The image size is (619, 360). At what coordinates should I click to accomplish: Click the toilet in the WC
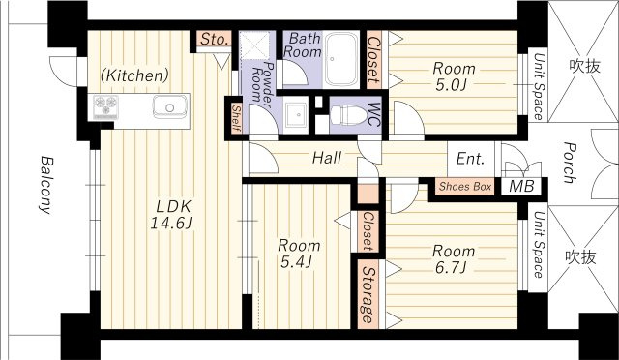[x=348, y=115]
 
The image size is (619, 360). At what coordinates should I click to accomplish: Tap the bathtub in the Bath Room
[x=341, y=59]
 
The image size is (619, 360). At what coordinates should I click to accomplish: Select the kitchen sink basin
[x=170, y=106]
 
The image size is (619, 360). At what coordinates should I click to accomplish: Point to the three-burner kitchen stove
[x=105, y=105]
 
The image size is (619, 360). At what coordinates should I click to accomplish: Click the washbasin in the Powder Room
[x=296, y=115]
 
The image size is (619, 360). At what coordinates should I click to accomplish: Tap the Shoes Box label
[x=465, y=187]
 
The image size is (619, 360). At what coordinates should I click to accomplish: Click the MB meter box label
[x=521, y=186]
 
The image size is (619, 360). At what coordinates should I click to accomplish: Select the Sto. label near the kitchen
[x=215, y=39]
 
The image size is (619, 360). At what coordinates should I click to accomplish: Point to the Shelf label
[x=236, y=118]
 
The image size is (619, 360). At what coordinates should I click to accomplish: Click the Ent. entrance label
[x=470, y=159]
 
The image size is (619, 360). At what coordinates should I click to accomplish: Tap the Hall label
[x=327, y=158]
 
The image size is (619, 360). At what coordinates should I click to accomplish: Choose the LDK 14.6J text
[x=171, y=215]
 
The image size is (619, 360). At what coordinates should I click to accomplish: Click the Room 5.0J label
[x=454, y=76]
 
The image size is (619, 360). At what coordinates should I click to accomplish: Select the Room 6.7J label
[x=454, y=259]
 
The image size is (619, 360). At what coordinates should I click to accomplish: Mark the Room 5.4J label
[x=299, y=254]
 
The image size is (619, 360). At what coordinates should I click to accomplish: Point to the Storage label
[x=368, y=294]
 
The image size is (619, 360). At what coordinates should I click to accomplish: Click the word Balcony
[x=46, y=185]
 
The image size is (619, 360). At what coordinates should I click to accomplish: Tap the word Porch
[x=570, y=163]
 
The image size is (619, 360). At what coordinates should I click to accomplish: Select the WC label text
[x=374, y=115]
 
